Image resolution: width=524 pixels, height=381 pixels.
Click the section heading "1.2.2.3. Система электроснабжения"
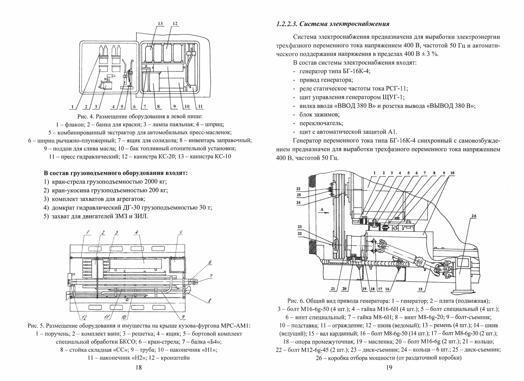click(x=332, y=24)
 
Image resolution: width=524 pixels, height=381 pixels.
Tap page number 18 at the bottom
click(x=139, y=367)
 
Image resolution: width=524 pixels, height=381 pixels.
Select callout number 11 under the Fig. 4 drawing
click(x=200, y=107)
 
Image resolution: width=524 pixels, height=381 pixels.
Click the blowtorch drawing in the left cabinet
click(x=106, y=83)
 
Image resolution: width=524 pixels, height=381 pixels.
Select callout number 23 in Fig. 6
click(x=300, y=227)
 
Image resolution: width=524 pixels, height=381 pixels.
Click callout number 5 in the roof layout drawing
click(x=181, y=233)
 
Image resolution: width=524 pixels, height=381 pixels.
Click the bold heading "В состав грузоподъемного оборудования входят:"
click(x=116, y=173)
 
